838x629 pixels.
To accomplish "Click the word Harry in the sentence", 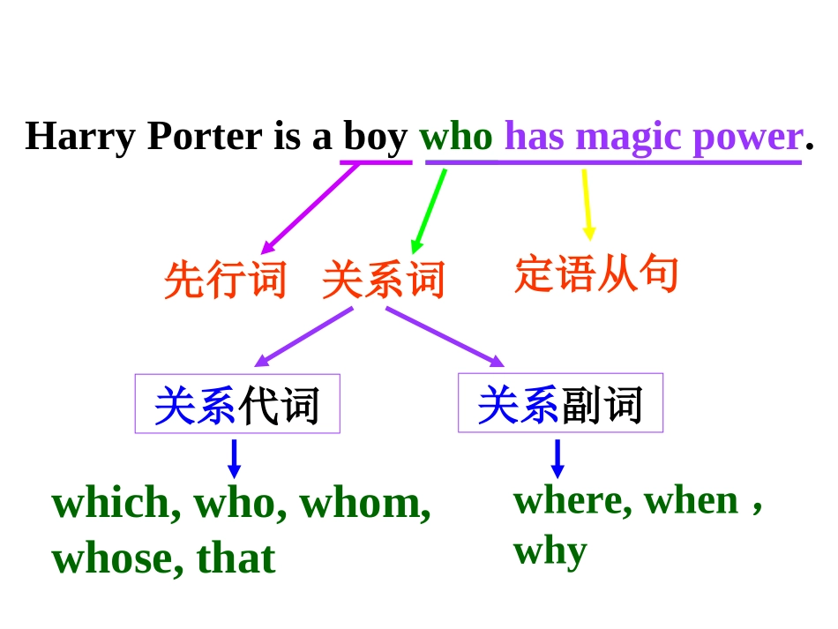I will (80, 137).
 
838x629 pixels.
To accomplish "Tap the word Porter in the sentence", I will (205, 137).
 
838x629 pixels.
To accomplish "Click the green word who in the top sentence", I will (456, 137).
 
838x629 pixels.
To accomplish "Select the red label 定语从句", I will (596, 274).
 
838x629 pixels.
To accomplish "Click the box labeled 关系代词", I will (237, 405).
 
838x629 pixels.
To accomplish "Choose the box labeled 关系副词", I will (560, 404).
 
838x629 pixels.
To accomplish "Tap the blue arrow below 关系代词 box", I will (234, 458).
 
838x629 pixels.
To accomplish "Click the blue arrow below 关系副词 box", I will (557, 458).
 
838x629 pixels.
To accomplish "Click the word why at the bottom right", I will (550, 551).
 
